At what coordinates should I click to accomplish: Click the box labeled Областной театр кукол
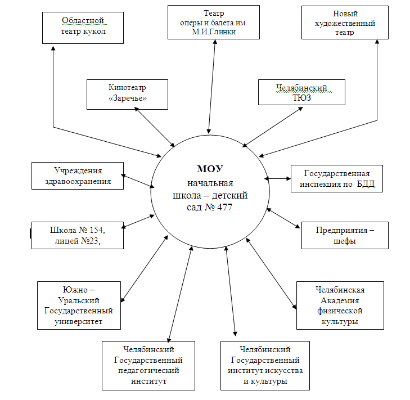[x=83, y=28]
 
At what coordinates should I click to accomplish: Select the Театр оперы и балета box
[x=213, y=22]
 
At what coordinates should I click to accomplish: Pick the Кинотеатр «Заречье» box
[x=127, y=94]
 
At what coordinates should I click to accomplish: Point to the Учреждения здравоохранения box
[x=78, y=176]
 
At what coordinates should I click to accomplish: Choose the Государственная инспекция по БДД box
[x=336, y=178]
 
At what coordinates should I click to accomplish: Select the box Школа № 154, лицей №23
[x=77, y=236]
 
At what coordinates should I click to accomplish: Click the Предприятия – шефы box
[x=345, y=235]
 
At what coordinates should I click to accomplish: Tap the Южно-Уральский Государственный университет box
[x=79, y=305]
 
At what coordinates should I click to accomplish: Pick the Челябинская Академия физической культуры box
[x=340, y=305]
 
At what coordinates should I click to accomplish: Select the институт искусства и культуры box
[x=265, y=366]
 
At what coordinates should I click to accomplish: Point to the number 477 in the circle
[x=224, y=207]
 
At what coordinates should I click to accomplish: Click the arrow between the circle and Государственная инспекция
[x=278, y=178]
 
